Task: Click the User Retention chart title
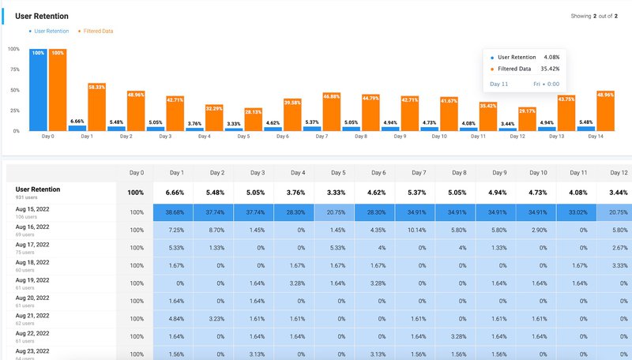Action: pos(41,16)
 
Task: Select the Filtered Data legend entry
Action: pos(96,31)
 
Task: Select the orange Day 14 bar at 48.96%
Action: pos(605,111)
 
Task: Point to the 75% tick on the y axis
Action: pos(13,69)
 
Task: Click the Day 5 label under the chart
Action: pos(243,137)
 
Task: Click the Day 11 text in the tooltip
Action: pos(499,83)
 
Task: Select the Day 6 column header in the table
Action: pos(378,172)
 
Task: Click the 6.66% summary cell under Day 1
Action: pos(177,193)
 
